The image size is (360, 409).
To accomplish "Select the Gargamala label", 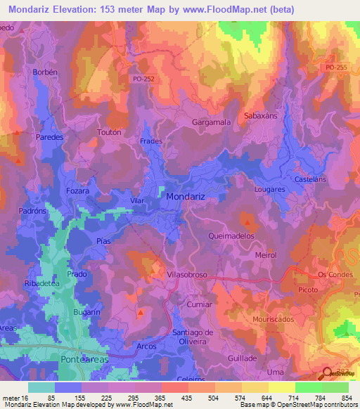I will pos(212,122).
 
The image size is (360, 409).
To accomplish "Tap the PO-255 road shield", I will pos(337,66).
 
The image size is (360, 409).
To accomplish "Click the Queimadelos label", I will pos(231,237).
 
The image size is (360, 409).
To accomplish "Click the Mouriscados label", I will pos(274,318).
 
